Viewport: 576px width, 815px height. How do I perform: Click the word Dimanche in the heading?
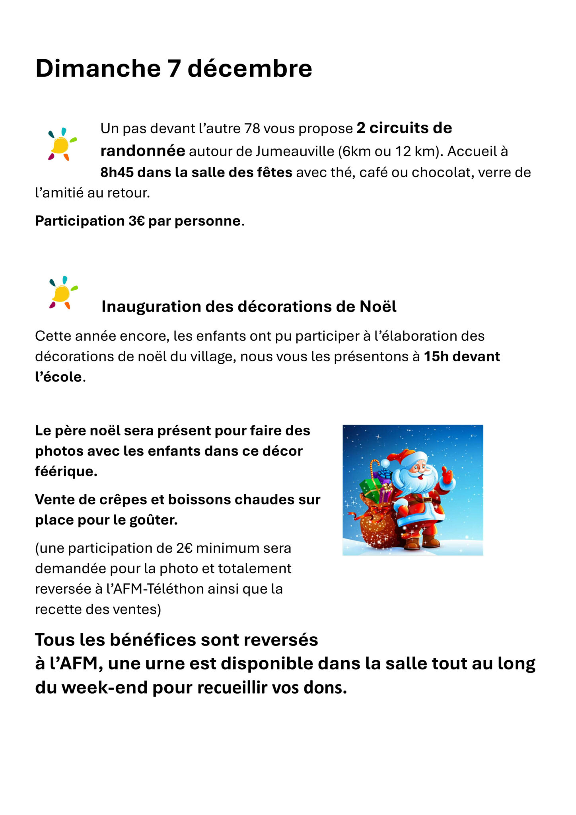pos(98,68)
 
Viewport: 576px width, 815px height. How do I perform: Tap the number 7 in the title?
pos(174,68)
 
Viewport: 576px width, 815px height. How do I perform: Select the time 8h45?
pos(117,172)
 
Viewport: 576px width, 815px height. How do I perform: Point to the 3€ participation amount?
pos(136,221)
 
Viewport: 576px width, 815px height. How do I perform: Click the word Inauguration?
pos(151,307)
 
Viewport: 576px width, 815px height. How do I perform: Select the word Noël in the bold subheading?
pos(378,307)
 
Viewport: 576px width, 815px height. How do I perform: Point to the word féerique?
pos(66,472)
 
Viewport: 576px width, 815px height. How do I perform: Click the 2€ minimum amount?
pos(185,548)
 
